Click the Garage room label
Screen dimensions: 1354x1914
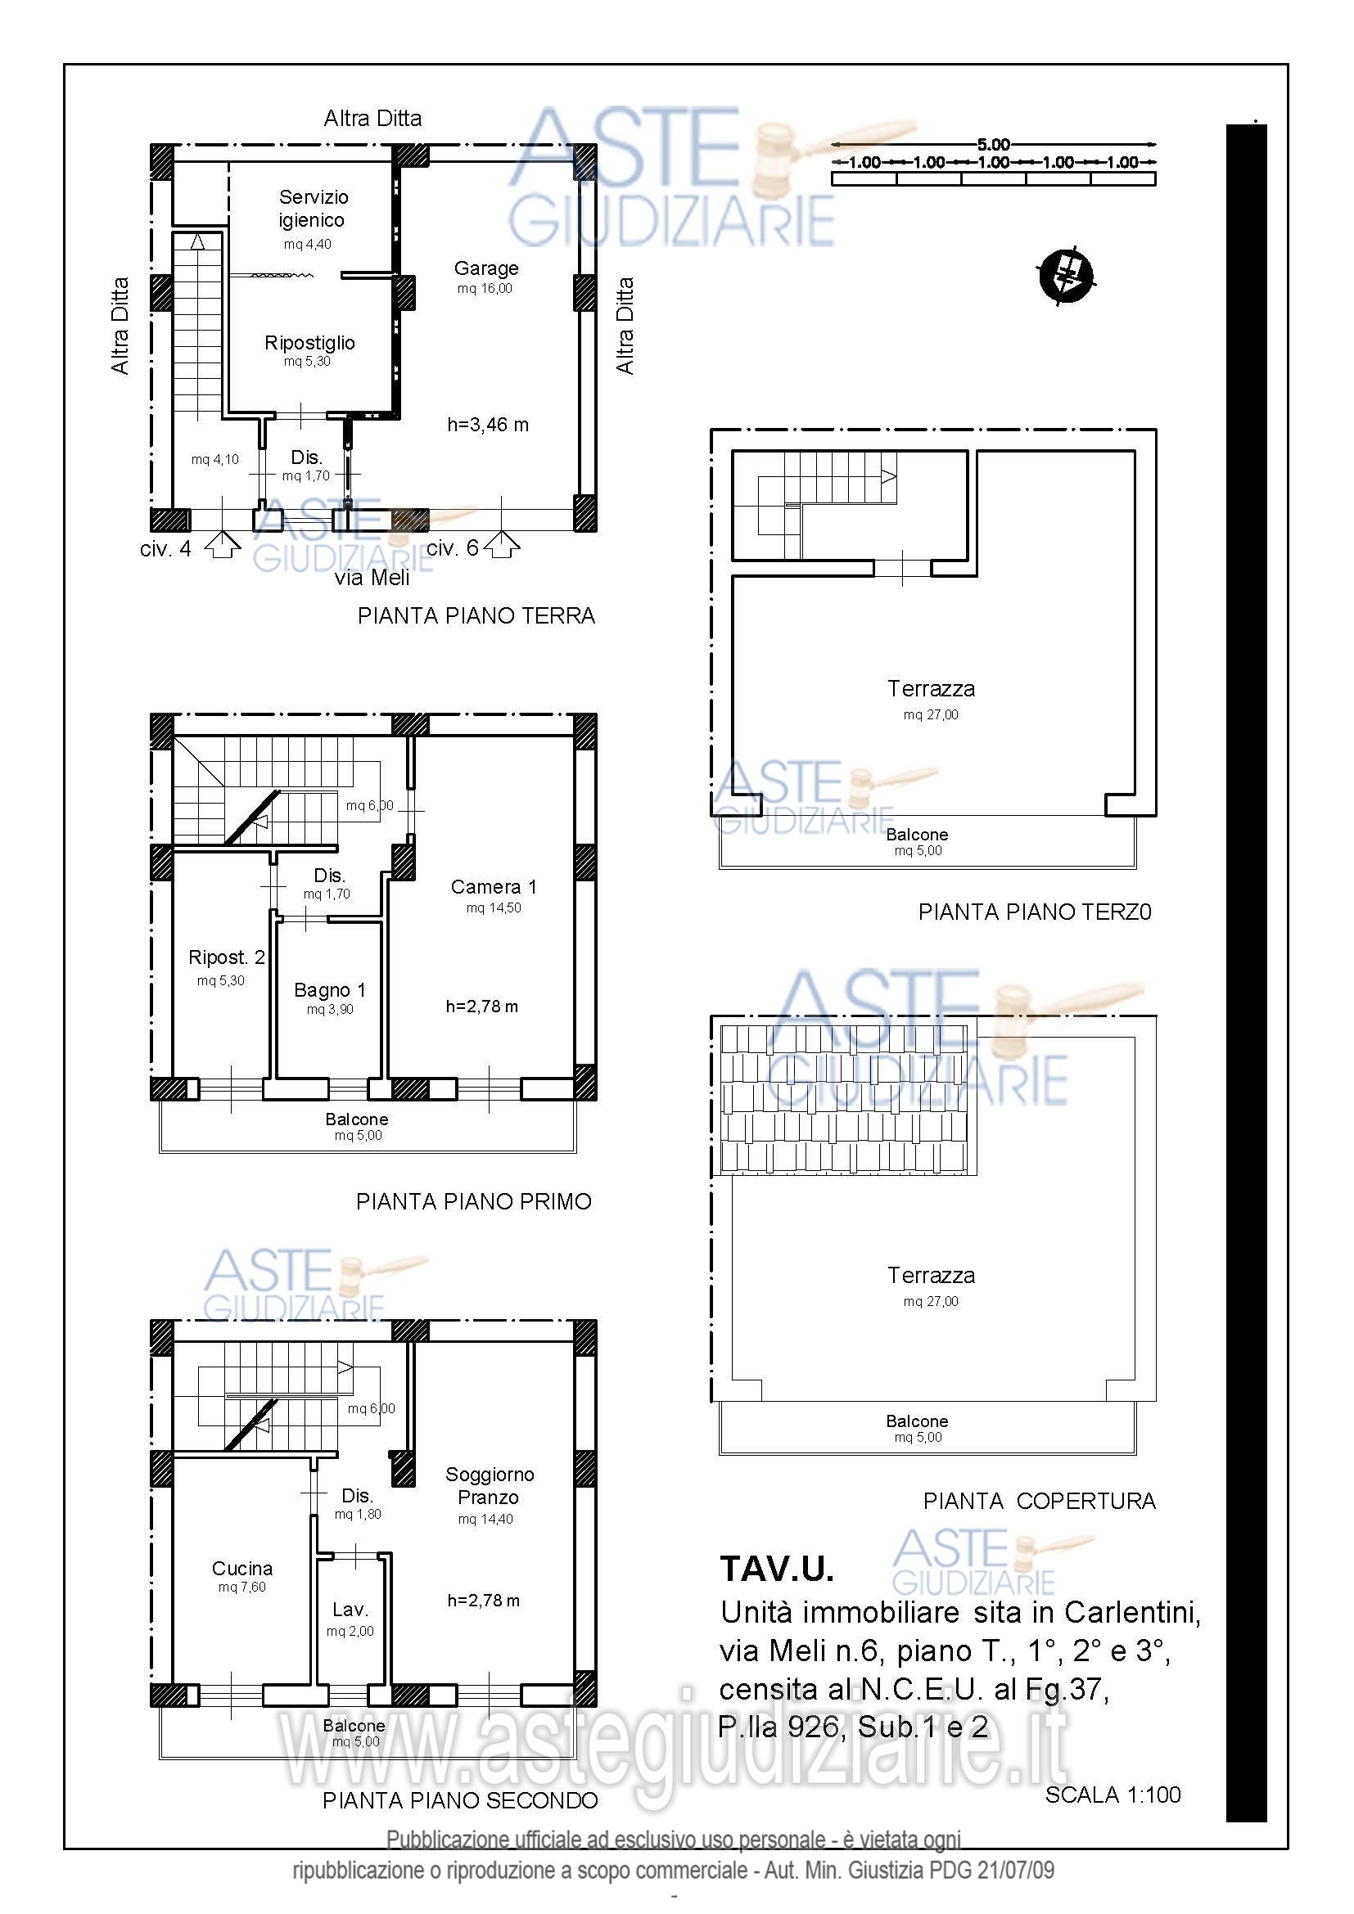pyautogui.click(x=486, y=268)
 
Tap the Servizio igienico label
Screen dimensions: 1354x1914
pyautogui.click(x=313, y=209)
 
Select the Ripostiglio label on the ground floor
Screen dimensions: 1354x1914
pyautogui.click(x=309, y=343)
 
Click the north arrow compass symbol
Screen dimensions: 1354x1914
pyautogui.click(x=1067, y=274)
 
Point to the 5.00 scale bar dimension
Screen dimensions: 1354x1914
pyautogui.click(x=994, y=145)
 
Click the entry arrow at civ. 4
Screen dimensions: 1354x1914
pyautogui.click(x=223, y=546)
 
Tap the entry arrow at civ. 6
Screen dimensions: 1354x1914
pyautogui.click(x=501, y=546)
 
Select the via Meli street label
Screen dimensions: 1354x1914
pyautogui.click(x=372, y=578)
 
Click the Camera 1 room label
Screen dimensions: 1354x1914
pyautogui.click(x=494, y=887)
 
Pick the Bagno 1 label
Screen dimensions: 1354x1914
pyautogui.click(x=329, y=990)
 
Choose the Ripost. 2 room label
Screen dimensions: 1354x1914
pyautogui.click(x=227, y=958)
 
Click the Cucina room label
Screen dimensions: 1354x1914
pyautogui.click(x=241, y=1569)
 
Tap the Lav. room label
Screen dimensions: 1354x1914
pyautogui.click(x=350, y=1610)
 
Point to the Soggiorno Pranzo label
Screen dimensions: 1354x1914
pyautogui.click(x=490, y=1485)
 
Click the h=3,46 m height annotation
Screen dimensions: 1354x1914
pyautogui.click(x=488, y=426)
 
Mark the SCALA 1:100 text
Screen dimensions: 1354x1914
pyautogui.click(x=1113, y=1795)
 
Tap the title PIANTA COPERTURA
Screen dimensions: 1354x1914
pyautogui.click(x=1039, y=1502)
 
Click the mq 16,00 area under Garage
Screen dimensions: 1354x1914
pyautogui.click(x=485, y=288)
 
